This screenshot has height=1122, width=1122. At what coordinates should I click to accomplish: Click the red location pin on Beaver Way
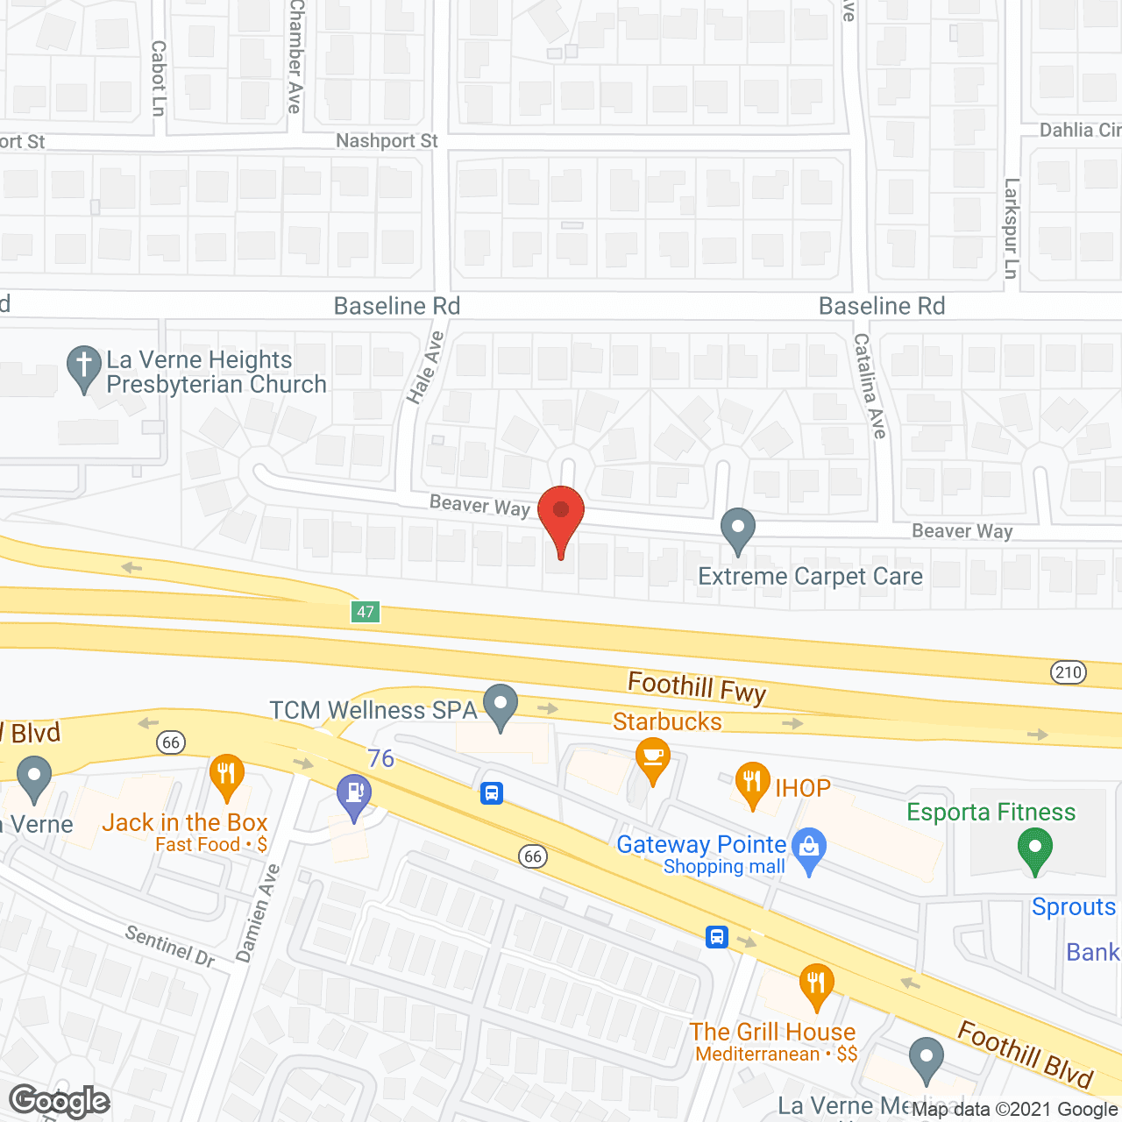pyautogui.click(x=560, y=513)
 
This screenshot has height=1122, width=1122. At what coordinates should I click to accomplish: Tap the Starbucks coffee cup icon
pyautogui.click(x=652, y=758)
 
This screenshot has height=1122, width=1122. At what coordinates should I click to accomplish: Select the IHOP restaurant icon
pyautogui.click(x=752, y=783)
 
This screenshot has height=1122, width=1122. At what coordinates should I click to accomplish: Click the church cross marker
pyautogui.click(x=84, y=366)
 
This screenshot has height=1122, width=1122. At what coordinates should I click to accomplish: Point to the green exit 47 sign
pyautogui.click(x=366, y=612)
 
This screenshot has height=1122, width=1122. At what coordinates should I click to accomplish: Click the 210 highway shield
pyautogui.click(x=1068, y=672)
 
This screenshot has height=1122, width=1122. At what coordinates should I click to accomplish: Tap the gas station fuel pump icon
pyautogui.click(x=354, y=796)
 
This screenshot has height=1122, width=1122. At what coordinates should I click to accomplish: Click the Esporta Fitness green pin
pyautogui.click(x=1034, y=849)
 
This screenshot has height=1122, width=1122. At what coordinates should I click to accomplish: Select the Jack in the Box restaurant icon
pyautogui.click(x=226, y=776)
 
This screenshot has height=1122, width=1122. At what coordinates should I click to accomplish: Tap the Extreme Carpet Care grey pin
pyautogui.click(x=738, y=529)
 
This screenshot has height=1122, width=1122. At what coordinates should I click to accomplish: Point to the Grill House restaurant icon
pyautogui.click(x=816, y=984)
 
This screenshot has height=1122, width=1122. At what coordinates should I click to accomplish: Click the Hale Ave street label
pyautogui.click(x=424, y=367)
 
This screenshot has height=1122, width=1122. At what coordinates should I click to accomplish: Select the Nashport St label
pyautogui.click(x=387, y=141)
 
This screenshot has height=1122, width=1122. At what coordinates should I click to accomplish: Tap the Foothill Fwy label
pyautogui.click(x=697, y=686)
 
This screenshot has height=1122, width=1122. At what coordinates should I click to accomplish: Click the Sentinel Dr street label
pyautogui.click(x=170, y=946)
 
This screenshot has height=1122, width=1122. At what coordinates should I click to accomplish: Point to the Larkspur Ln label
pyautogui.click(x=1012, y=229)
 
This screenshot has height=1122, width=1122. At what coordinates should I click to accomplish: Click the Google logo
pyautogui.click(x=60, y=1101)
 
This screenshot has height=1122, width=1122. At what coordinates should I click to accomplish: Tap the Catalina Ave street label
pyautogui.click(x=870, y=386)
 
